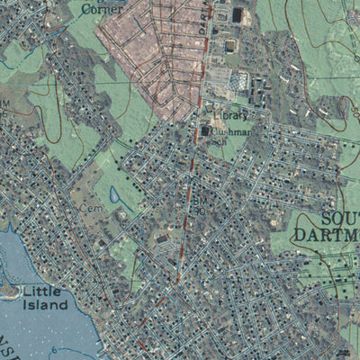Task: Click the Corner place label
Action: (x=102, y=9)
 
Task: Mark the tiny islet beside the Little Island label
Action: (x=9, y=292)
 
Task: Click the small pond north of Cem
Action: (x=114, y=193)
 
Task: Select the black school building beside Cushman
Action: (x=205, y=131)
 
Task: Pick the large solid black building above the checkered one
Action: (x=238, y=15)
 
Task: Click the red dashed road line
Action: (x=192, y=180)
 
